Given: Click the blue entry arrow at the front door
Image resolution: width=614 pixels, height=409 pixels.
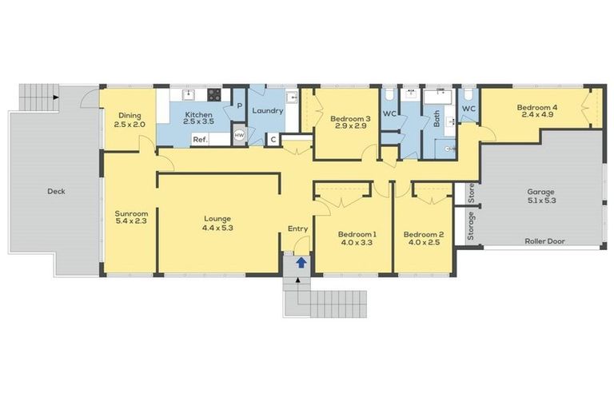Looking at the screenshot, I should pyautogui.click(x=301, y=261).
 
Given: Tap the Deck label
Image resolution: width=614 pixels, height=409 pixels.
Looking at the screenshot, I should pyautogui.click(x=56, y=192).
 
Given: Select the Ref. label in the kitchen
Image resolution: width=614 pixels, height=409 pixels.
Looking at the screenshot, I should pyautogui.click(x=200, y=140).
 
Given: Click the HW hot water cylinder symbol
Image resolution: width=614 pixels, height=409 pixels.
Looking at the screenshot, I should pyautogui.click(x=239, y=136).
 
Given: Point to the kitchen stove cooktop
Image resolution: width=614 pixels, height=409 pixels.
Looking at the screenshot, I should pyautogui.click(x=215, y=94).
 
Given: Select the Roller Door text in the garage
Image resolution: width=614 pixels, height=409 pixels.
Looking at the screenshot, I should pyautogui.click(x=541, y=241).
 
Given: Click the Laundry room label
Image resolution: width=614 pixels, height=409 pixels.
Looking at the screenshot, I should pyautogui.click(x=268, y=111).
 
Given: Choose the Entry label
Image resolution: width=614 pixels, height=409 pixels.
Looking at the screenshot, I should pyautogui.click(x=297, y=229).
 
